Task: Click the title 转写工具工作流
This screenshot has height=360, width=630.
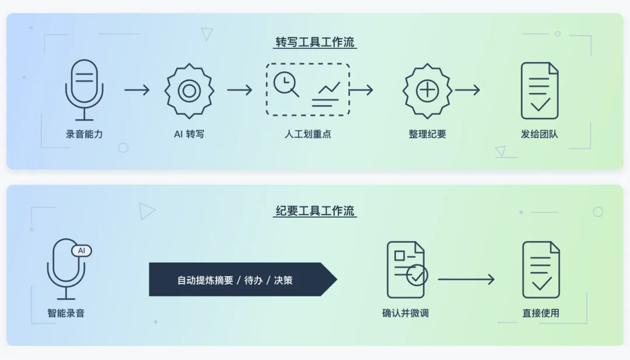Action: [x=315, y=43]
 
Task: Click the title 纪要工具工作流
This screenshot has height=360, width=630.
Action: [x=315, y=211]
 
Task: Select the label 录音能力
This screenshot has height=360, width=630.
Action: [x=84, y=134]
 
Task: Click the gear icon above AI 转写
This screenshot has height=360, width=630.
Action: [x=189, y=90]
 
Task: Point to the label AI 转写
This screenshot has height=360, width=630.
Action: [x=189, y=134]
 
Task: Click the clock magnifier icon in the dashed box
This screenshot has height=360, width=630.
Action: [x=286, y=84]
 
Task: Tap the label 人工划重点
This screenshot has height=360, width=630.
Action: [x=308, y=134]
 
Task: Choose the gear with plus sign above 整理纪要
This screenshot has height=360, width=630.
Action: [x=428, y=90]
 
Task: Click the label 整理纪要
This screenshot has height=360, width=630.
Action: [x=428, y=134]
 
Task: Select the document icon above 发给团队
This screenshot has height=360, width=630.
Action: [x=540, y=90]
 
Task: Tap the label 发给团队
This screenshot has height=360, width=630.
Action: [x=540, y=134]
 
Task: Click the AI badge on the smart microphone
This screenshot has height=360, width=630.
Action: [x=82, y=250]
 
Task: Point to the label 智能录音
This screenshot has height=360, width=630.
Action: [x=66, y=313]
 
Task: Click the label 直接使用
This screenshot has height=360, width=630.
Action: [x=541, y=313]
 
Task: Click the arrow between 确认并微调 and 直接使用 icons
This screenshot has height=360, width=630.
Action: [x=466, y=279]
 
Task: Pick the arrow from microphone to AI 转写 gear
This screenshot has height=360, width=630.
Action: [x=137, y=90]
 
